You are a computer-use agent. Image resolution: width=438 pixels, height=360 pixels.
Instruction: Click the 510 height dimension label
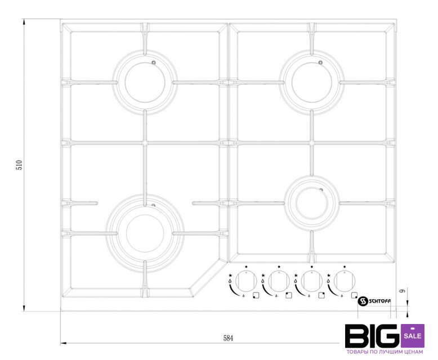click(x=19, y=165)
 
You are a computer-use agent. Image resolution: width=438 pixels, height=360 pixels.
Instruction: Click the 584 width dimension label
click(x=228, y=338)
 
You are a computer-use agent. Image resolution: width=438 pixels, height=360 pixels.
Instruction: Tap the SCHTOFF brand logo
click(x=374, y=301)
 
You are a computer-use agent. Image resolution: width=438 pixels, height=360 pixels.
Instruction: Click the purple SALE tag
click(x=413, y=335)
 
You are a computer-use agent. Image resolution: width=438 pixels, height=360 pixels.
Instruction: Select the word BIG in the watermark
click(x=373, y=336)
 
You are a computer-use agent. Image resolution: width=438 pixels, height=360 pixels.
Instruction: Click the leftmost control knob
click(x=246, y=281)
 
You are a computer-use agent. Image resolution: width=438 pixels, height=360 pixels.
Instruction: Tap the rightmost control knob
click(x=345, y=281)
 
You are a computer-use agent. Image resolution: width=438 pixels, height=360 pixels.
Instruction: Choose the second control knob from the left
click(x=279, y=281)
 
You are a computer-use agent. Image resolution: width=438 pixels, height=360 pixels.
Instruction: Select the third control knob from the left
click(x=312, y=281)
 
